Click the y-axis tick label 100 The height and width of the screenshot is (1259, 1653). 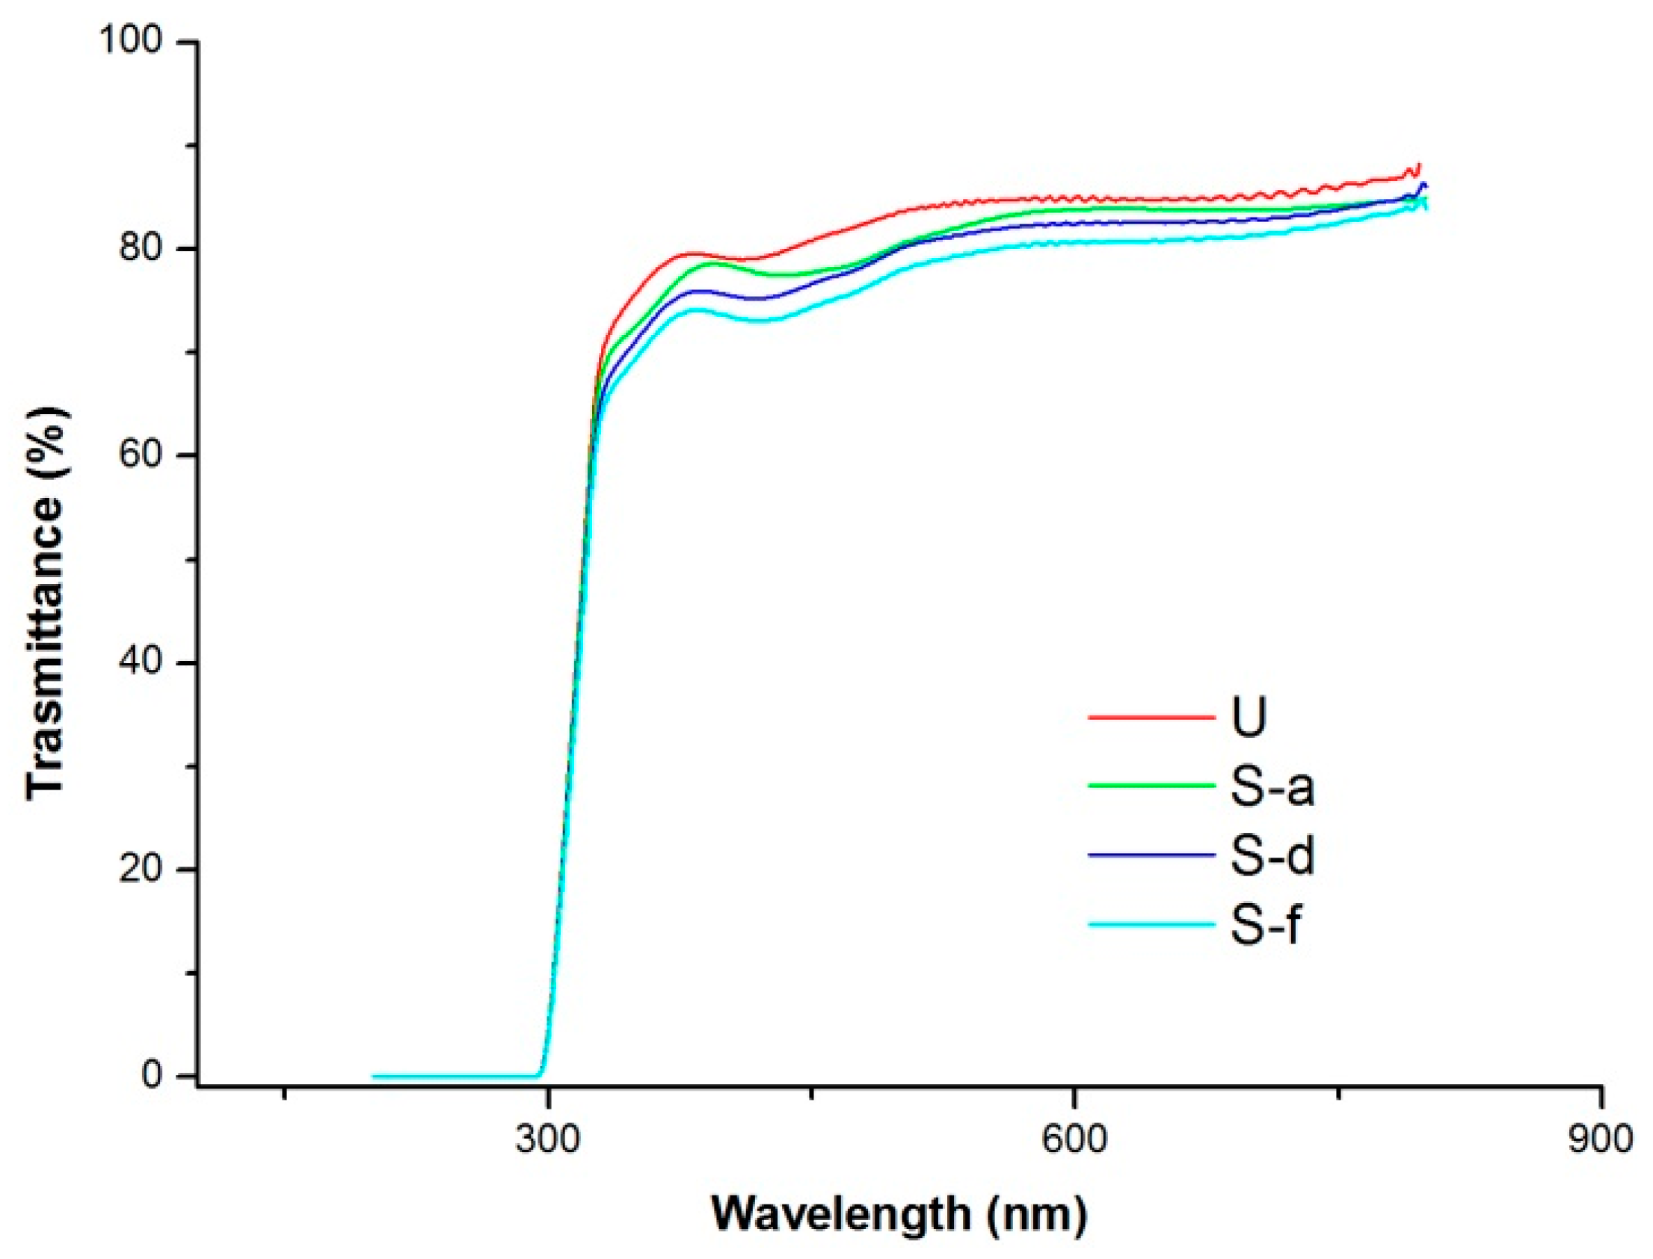pyautogui.click(x=131, y=40)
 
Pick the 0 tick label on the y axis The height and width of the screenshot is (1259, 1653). pyautogui.click(x=152, y=1076)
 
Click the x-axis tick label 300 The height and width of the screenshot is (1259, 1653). pyautogui.click(x=548, y=1140)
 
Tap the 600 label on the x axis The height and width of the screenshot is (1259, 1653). pyautogui.click(x=1074, y=1140)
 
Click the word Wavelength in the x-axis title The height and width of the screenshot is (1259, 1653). pyautogui.click(x=841, y=1214)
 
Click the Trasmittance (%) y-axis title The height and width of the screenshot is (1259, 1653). pyautogui.click(x=46, y=603)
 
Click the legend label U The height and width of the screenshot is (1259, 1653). pyautogui.click(x=1249, y=717)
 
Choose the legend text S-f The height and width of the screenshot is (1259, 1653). pyautogui.click(x=1265, y=924)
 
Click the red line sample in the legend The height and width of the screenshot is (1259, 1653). pyautogui.click(x=1151, y=717)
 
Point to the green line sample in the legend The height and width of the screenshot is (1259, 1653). pyautogui.click(x=1151, y=786)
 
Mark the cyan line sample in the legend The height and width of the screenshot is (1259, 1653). pyautogui.click(x=1151, y=925)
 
